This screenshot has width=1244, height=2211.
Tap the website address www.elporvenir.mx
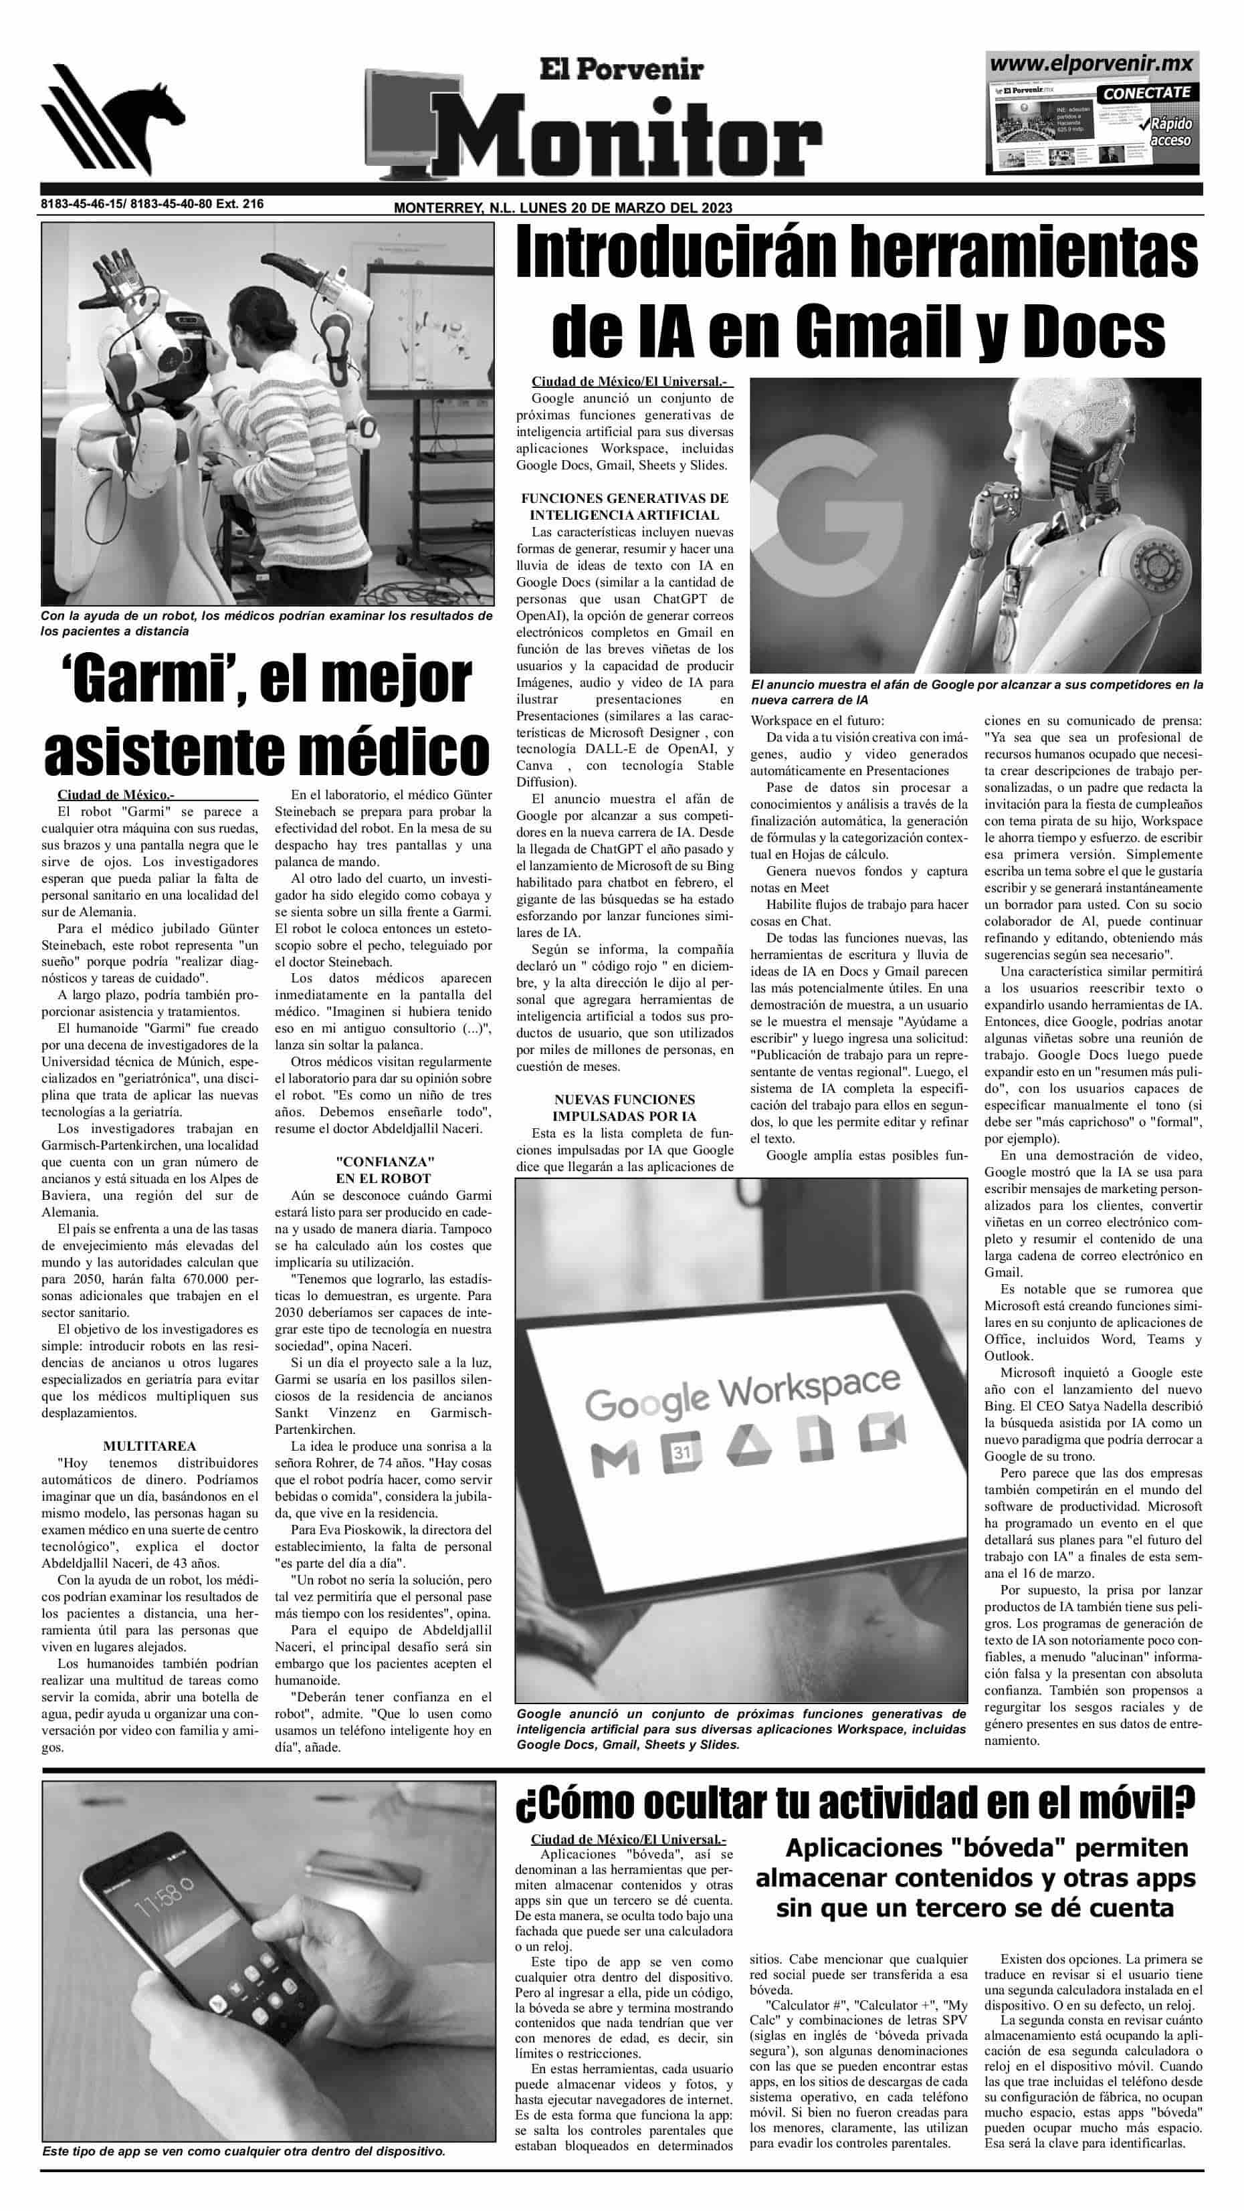pyautogui.click(x=1092, y=64)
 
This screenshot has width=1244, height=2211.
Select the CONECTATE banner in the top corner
pyautogui.click(x=1147, y=92)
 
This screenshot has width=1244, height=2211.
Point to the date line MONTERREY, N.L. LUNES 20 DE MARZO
pyautogui.click(x=562, y=209)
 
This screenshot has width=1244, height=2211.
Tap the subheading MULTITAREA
pyautogui.click(x=149, y=1445)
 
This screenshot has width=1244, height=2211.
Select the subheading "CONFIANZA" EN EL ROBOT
pyautogui.click(x=383, y=1170)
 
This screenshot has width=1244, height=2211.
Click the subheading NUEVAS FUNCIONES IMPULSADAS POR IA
pyautogui.click(x=624, y=1108)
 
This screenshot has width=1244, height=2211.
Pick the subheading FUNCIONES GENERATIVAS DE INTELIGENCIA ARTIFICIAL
pyautogui.click(x=624, y=506)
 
